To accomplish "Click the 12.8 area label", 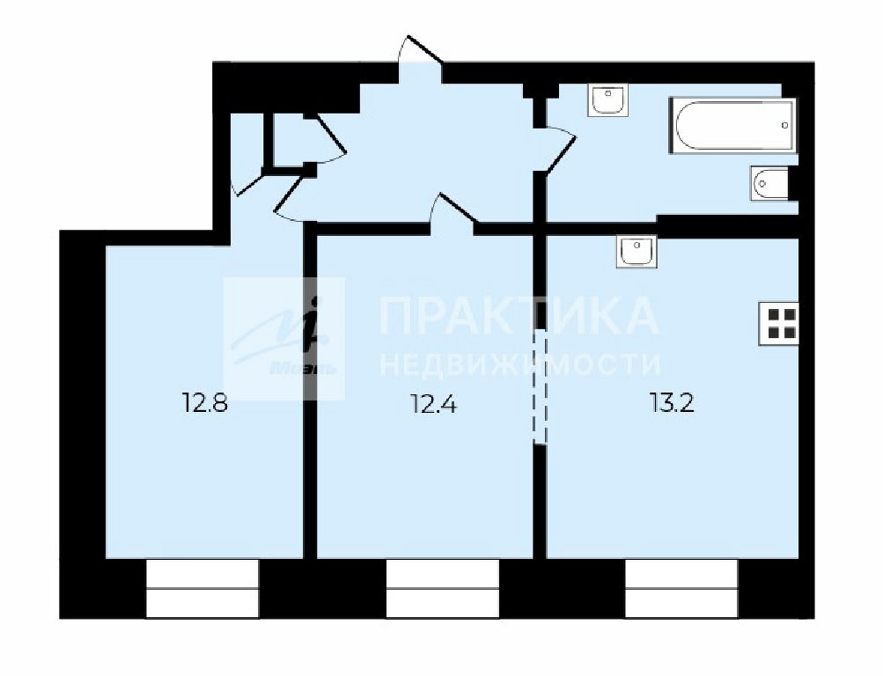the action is (205, 403).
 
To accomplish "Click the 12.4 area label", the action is (434, 403).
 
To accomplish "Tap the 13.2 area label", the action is (672, 403).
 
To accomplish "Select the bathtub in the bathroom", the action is (732, 126).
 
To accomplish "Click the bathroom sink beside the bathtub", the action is (607, 100).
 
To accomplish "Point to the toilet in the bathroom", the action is (769, 183).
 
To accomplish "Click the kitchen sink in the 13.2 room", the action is (636, 251).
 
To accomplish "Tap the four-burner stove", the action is (779, 324).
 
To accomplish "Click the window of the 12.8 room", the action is (202, 588).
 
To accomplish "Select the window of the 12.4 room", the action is (443, 588).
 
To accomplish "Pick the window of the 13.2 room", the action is (681, 588).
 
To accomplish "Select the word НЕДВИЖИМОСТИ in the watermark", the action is (520, 364).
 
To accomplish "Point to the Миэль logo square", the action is (284, 339).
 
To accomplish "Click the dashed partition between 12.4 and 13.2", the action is (540, 387).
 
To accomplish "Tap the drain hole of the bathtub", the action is (785, 125).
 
